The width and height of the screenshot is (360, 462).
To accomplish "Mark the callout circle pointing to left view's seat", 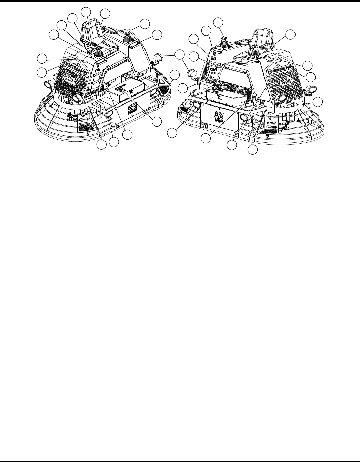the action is coord(105,13).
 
